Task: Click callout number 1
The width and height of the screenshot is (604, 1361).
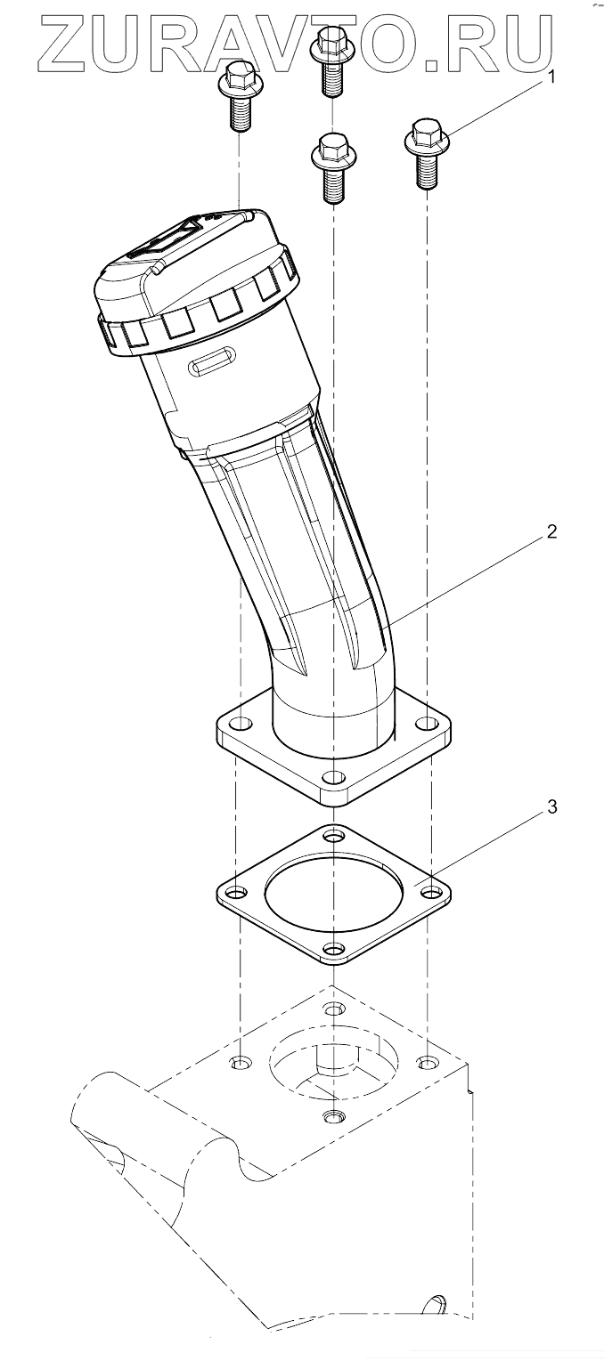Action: (x=551, y=77)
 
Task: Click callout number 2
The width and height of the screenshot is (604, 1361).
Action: (x=551, y=531)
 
